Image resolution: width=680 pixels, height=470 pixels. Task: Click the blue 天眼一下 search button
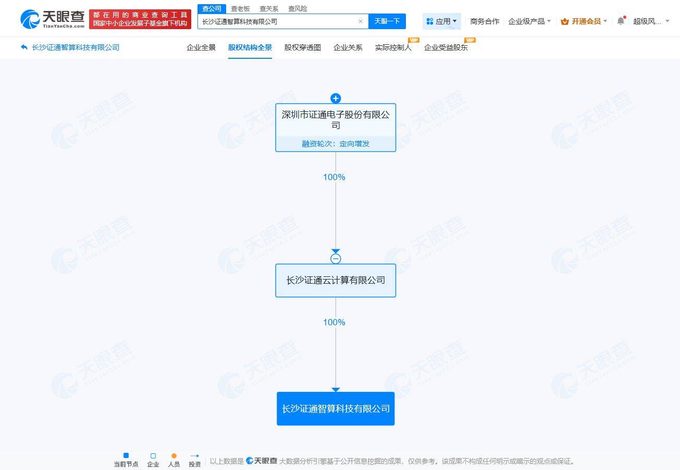(x=387, y=21)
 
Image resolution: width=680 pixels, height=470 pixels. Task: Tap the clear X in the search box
(x=361, y=21)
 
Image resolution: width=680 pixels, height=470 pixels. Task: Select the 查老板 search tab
(x=240, y=8)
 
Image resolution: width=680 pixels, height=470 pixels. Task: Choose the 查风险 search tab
(x=298, y=8)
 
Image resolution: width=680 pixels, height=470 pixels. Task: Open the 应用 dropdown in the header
(x=442, y=21)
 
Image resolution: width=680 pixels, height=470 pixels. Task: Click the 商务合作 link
(x=485, y=21)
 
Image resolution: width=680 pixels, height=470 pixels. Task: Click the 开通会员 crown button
(x=584, y=21)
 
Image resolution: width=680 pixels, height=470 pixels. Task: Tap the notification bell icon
(x=621, y=21)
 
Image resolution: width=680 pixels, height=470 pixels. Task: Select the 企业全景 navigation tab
(x=201, y=47)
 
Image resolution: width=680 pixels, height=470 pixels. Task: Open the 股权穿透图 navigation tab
(x=302, y=47)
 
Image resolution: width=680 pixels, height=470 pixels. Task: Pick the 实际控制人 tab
(x=393, y=47)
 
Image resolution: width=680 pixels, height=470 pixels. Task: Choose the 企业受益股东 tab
(x=446, y=47)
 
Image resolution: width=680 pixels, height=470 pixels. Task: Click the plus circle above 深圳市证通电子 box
(x=336, y=98)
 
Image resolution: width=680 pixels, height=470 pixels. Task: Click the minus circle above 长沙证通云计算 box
(x=336, y=259)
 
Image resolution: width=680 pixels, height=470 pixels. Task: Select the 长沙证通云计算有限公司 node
(x=336, y=280)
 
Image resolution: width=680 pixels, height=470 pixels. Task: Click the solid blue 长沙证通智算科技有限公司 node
(x=336, y=409)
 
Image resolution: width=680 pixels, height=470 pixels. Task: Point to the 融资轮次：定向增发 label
(x=336, y=144)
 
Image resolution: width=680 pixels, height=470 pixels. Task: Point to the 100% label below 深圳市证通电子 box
(x=334, y=177)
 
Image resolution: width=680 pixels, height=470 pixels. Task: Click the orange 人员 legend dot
(x=174, y=455)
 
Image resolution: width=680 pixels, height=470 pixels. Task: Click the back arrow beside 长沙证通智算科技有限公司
(x=24, y=47)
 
